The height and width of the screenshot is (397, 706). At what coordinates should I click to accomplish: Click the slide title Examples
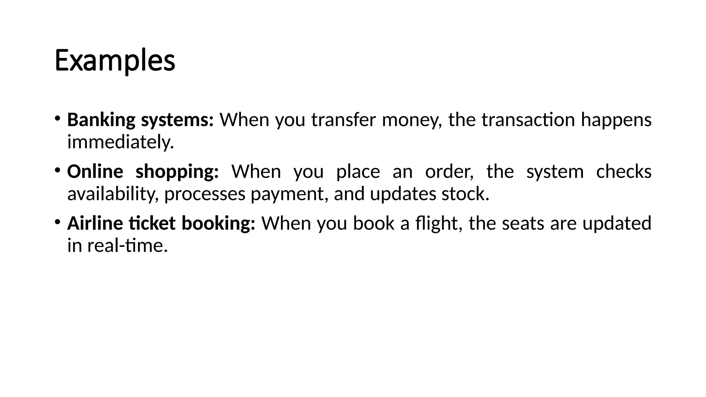(115, 61)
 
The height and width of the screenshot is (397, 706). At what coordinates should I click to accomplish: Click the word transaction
(528, 120)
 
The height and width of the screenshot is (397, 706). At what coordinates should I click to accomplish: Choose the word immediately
(120, 142)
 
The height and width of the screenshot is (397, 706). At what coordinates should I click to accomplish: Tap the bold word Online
(95, 172)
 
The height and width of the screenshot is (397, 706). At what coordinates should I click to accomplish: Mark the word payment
(289, 194)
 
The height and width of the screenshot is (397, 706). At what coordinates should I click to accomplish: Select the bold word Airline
(95, 223)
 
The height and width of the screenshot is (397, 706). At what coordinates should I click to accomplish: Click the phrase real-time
(127, 246)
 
